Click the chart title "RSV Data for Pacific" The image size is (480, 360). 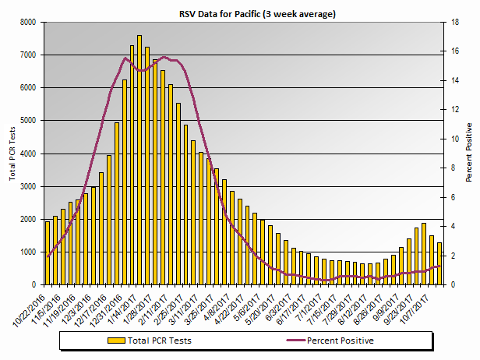coord(240,13)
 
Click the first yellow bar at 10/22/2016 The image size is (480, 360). coord(48,253)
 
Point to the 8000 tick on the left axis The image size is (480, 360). coord(29,23)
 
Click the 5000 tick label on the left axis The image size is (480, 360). coord(29,121)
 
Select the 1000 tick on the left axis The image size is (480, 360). coord(29,252)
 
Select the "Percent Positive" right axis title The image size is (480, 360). coord(469,153)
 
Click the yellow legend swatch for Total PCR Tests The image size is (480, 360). coord(117,341)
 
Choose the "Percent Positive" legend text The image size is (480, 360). coord(340,341)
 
